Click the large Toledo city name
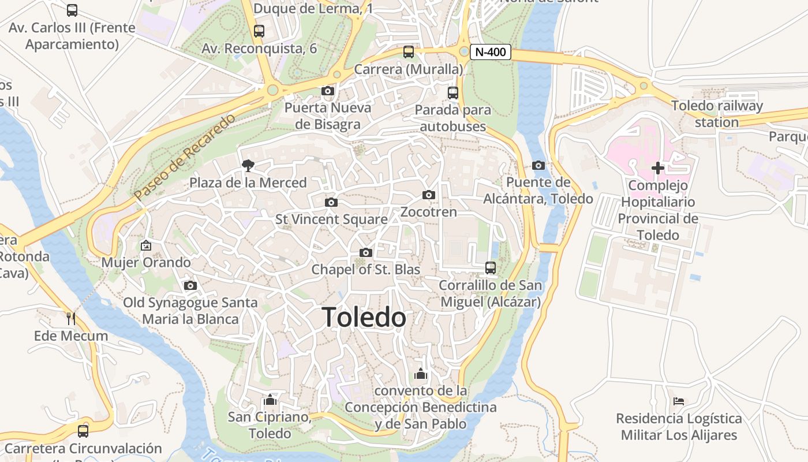(364, 318)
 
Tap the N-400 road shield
(491, 52)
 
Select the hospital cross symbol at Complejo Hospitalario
(658, 168)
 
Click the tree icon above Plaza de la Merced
(248, 166)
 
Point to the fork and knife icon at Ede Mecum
(71, 318)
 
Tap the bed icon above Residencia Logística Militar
(679, 401)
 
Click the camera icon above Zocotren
(428, 195)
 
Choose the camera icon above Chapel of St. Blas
(365, 253)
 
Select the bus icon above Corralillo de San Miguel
(490, 268)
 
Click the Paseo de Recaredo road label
(185, 157)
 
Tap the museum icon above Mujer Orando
(146, 245)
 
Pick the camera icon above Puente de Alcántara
(538, 166)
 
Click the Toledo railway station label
(717, 114)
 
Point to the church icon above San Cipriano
(270, 400)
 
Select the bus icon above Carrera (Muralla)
(409, 52)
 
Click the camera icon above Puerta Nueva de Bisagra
(327, 91)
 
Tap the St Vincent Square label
(331, 219)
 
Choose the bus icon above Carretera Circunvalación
(83, 431)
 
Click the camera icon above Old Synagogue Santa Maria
(190, 286)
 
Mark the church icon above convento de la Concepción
(421, 374)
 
